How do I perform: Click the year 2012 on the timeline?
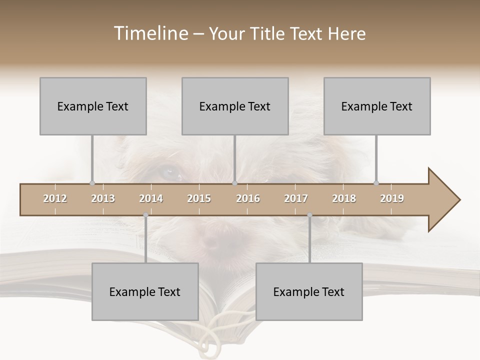click(x=55, y=198)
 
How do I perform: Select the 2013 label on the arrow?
click(x=103, y=198)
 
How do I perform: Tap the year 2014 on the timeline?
click(x=151, y=198)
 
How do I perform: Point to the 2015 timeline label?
click(x=199, y=198)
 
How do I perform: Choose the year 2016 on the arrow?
click(x=248, y=198)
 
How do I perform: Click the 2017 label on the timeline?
click(x=296, y=198)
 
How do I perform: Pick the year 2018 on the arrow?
click(x=344, y=198)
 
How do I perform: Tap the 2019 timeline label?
click(x=392, y=198)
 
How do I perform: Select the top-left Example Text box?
click(x=93, y=106)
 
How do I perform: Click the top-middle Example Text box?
click(x=235, y=106)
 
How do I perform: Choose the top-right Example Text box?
click(x=377, y=106)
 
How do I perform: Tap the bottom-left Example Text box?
click(x=145, y=291)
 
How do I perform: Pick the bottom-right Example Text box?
click(x=309, y=291)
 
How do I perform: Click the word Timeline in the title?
click(x=149, y=33)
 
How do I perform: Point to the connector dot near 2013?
click(x=92, y=183)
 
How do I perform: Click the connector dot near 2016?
click(x=235, y=183)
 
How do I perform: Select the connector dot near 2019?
click(x=376, y=183)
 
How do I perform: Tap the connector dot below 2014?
click(x=145, y=215)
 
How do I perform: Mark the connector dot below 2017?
click(x=309, y=215)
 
